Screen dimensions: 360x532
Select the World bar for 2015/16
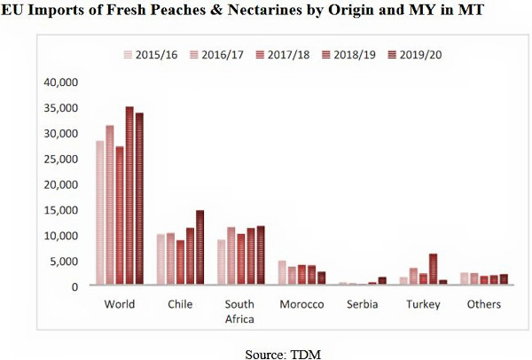tap(100, 214)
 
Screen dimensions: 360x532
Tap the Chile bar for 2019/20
tap(200, 248)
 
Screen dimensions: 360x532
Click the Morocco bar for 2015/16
tap(282, 273)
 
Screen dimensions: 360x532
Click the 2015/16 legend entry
tap(150, 53)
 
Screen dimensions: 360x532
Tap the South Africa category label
tap(241, 311)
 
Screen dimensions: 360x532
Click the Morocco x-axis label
tap(301, 304)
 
